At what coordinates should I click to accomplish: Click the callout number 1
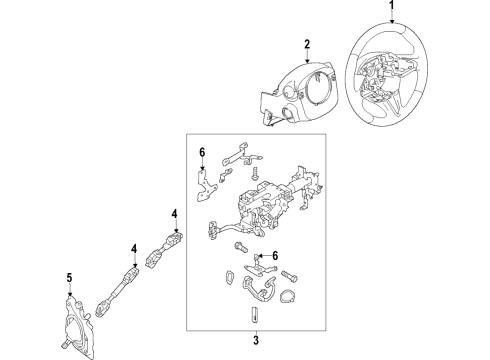tap(392, 5)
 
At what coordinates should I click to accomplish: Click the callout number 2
tap(307, 44)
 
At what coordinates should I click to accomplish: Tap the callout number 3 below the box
tap(256, 341)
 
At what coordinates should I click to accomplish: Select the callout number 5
tap(69, 277)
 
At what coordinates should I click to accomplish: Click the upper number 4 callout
tap(175, 214)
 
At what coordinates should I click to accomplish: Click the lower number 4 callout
tap(134, 249)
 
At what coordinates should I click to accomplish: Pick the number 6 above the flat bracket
tap(202, 153)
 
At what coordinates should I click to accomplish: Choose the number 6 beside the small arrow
tap(275, 256)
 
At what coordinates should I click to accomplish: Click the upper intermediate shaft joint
tap(165, 249)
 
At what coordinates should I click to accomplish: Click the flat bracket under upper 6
tap(204, 187)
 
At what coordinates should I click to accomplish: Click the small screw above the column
tap(256, 174)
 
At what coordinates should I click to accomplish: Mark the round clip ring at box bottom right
tap(287, 297)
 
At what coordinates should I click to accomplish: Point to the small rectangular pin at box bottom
tap(253, 315)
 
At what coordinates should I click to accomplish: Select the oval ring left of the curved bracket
tap(229, 278)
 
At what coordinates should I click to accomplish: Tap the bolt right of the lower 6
tap(289, 276)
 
